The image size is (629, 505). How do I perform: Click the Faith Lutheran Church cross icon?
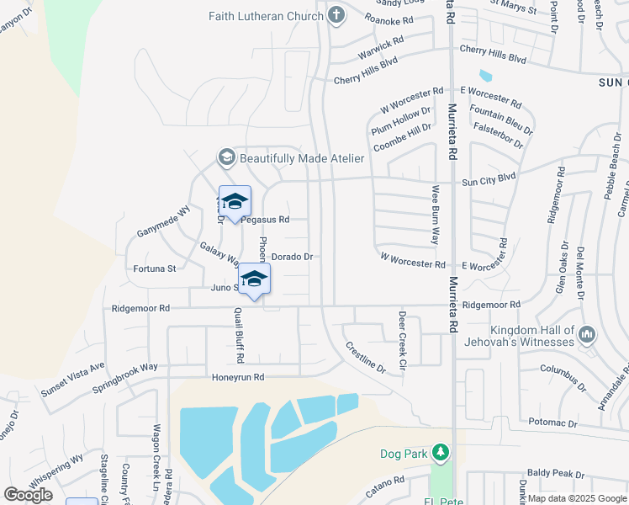tap(336, 14)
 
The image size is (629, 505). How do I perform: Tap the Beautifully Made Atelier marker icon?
tap(226, 157)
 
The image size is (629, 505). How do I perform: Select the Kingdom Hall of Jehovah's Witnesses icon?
tap(587, 336)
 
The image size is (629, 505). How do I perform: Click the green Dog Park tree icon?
tap(440, 454)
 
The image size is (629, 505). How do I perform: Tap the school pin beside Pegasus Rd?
tap(235, 201)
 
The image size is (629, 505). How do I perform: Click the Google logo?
tap(29, 494)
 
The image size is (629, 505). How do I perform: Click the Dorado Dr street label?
tap(292, 256)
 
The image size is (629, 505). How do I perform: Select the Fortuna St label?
tap(154, 269)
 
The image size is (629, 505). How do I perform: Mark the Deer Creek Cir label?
tap(402, 341)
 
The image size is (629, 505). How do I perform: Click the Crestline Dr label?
tap(364, 357)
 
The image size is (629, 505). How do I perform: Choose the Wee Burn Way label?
tap(436, 215)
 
